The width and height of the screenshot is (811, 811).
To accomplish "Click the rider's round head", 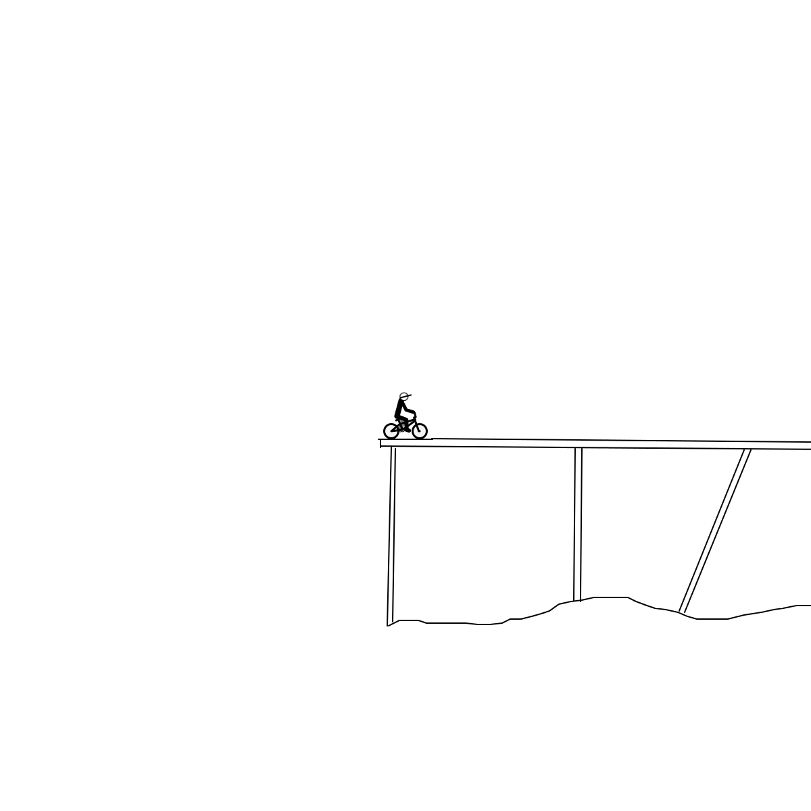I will pos(403,397).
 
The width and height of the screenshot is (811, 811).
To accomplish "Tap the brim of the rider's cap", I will pos(410,395).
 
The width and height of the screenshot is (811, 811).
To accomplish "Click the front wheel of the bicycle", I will pos(419,431).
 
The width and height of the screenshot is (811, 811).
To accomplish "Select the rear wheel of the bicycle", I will pos(391,431).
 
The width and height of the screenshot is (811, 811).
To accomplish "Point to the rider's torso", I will pos(399,409).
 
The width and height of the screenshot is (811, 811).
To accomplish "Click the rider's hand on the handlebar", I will pos(414,414).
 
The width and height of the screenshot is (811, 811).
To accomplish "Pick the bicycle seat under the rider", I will pos(397,420).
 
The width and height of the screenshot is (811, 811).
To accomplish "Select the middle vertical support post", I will pos(578,524).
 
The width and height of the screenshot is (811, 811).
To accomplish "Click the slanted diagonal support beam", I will pos(715,531).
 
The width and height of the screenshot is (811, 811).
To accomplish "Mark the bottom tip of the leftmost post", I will pos(389,625).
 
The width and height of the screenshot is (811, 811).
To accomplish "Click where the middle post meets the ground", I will pos(577,600).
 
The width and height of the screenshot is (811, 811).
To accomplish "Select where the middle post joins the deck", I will pos(579,448).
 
